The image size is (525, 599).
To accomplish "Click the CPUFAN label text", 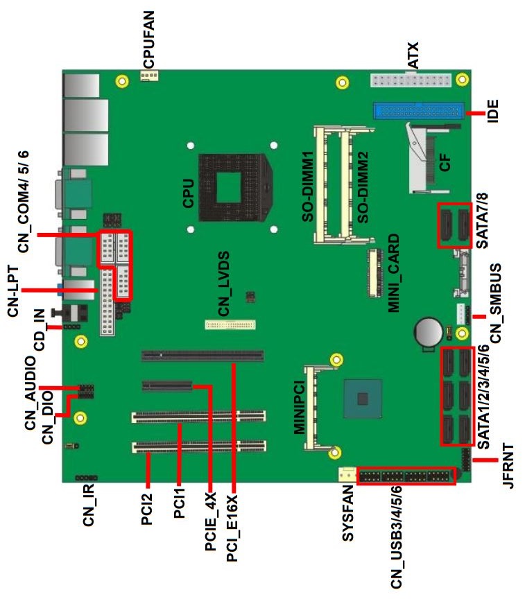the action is (148, 40).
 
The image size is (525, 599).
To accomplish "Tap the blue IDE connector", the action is (419, 111).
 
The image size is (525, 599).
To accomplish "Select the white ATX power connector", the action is (410, 80).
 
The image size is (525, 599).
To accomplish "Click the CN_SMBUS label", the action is (495, 303).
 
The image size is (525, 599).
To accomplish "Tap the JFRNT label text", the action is (508, 465).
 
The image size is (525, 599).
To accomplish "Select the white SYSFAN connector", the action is (347, 474).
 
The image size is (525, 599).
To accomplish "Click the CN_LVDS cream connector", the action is (230, 324).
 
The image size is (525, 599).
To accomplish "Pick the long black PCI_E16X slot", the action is (203, 356).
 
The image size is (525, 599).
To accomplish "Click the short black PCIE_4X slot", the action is (167, 386).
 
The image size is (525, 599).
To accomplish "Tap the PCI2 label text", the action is (147, 510).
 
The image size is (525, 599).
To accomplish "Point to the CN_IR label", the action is (88, 505).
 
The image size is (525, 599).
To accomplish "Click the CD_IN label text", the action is (40, 330).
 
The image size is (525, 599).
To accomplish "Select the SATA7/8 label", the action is (482, 220).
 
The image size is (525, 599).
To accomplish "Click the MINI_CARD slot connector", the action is (375, 272).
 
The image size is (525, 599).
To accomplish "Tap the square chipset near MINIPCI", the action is (363, 399).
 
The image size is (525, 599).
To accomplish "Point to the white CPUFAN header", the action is (149, 76).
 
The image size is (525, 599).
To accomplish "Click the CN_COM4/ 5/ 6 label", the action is (23, 201).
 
